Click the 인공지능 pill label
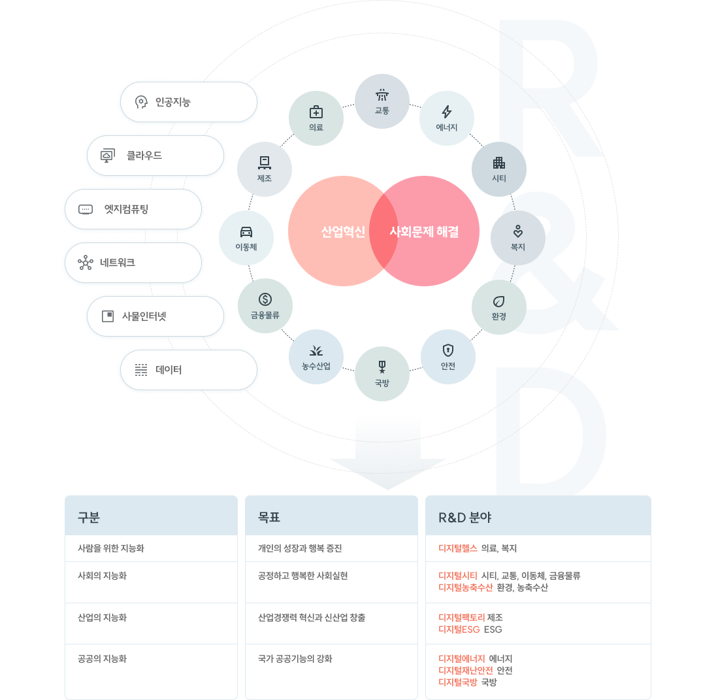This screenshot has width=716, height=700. (172, 102)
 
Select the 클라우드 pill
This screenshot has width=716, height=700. (155, 156)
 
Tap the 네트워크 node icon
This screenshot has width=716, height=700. (86, 263)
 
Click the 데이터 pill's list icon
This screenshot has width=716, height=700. (141, 370)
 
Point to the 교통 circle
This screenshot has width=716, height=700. (382, 101)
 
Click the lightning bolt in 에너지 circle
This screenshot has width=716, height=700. (447, 112)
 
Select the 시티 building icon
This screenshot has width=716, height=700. (499, 163)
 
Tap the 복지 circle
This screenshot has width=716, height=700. (518, 238)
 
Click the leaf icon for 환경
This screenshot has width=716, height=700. (498, 301)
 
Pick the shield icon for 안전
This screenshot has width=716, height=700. (448, 350)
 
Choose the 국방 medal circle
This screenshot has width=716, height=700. (382, 374)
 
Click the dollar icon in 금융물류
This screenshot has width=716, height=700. (265, 299)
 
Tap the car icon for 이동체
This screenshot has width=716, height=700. (246, 231)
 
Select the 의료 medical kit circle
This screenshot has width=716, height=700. (316, 118)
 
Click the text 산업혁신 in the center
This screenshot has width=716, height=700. (344, 231)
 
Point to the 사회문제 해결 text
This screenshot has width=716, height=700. (424, 231)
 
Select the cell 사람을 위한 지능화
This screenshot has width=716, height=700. (111, 548)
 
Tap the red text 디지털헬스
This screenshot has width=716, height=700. (457, 548)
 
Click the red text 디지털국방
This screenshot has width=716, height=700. (457, 682)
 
